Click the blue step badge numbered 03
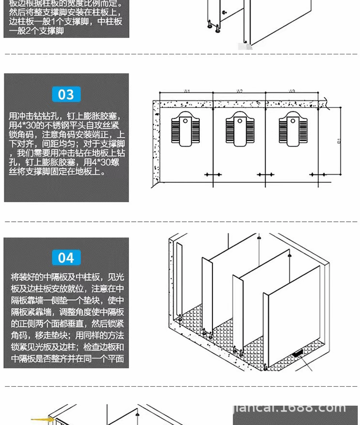[66, 94]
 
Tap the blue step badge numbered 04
[66, 258]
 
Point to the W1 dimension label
[187, 91]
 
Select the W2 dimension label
[240, 91]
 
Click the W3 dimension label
[292, 91]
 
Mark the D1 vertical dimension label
[339, 141]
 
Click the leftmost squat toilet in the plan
[186, 128]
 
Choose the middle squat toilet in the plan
[239, 128]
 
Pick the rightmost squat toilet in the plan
[292, 128]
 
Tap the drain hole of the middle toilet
[240, 121]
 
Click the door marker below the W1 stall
[212, 174]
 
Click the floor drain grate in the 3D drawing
[297, 353]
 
